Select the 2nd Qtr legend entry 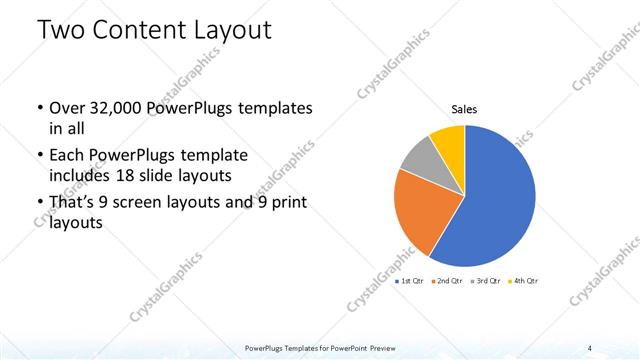click(x=448, y=281)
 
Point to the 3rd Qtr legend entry click(x=485, y=281)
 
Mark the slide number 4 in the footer click(x=590, y=347)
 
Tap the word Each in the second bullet click(x=66, y=157)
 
